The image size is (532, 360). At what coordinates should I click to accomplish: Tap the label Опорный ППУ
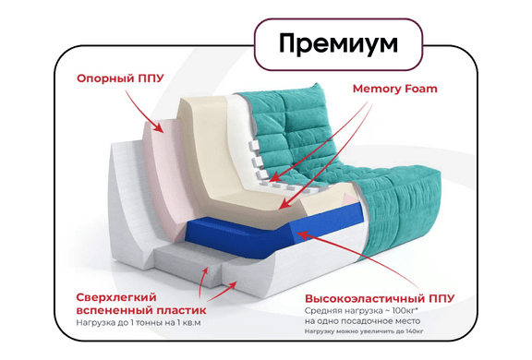120,79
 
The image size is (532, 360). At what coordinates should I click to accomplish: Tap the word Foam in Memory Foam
420,90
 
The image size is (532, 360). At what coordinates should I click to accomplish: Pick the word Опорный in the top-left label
100,79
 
